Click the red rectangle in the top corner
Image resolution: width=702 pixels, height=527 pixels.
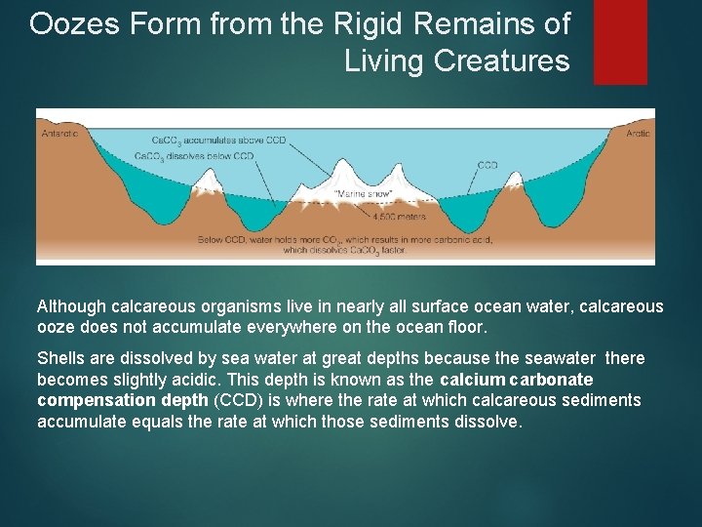click(x=620, y=41)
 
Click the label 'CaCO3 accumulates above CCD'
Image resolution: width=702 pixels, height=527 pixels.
click(x=223, y=141)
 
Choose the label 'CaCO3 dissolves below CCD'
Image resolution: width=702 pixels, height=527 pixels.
click(x=194, y=156)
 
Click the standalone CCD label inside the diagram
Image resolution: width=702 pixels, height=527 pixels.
click(x=487, y=165)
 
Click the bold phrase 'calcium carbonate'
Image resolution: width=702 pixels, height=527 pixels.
click(x=517, y=380)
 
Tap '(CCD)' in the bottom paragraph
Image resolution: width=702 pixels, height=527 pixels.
click(x=236, y=401)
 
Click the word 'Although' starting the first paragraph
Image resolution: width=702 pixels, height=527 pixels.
click(x=72, y=306)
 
